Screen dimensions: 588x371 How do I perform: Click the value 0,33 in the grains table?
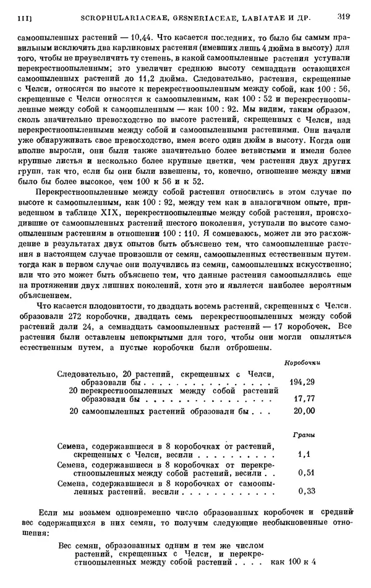click(303, 492)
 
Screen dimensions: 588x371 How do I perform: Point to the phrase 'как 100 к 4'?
click(294, 562)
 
